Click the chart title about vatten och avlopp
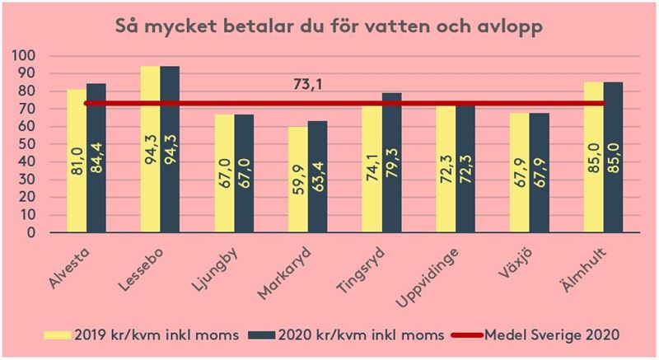point(329,24)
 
